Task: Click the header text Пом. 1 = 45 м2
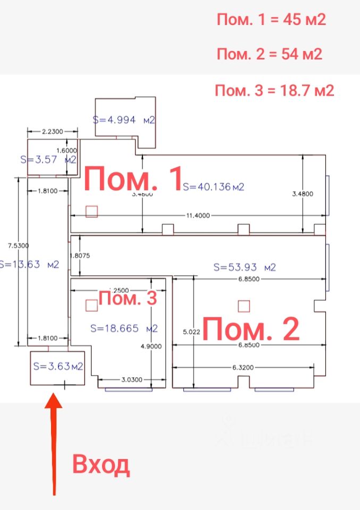coord(271,20)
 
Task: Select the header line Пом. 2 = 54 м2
coord(270,54)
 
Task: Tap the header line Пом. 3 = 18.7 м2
coord(274,91)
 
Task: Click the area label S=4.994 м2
coord(124,120)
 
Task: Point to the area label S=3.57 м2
coord(48,159)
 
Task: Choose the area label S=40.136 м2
coord(213,186)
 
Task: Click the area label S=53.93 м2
coord(244,267)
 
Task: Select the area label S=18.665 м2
coord(123,328)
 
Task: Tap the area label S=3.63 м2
coord(58,366)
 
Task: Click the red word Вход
coord(101,465)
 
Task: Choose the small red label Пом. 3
coord(128,299)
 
